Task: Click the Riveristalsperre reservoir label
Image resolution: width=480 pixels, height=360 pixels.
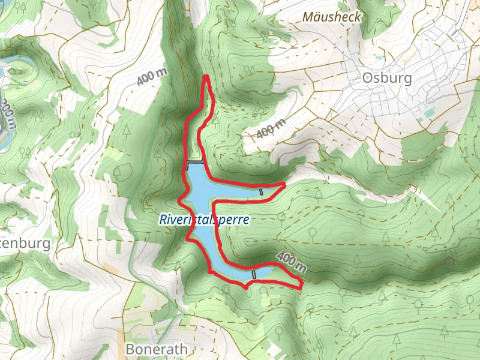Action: click(204, 220)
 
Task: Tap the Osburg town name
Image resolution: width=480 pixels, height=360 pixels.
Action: click(387, 78)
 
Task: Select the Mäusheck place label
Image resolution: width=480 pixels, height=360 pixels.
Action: click(332, 17)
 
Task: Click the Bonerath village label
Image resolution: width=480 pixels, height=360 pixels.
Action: click(157, 349)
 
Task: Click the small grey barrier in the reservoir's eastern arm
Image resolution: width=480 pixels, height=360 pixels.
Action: click(261, 191)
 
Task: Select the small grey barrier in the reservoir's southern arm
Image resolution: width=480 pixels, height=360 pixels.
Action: click(254, 274)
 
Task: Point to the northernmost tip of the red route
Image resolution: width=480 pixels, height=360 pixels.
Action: click(206, 76)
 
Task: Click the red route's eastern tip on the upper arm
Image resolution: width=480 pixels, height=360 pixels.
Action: click(283, 184)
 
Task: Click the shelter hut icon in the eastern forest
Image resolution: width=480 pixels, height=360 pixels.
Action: click(450, 261)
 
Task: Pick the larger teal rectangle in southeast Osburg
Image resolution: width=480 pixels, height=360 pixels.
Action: click(427, 112)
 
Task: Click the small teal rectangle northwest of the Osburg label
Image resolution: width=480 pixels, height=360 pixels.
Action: click(379, 58)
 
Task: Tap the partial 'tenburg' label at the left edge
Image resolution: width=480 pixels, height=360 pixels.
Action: click(24, 244)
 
